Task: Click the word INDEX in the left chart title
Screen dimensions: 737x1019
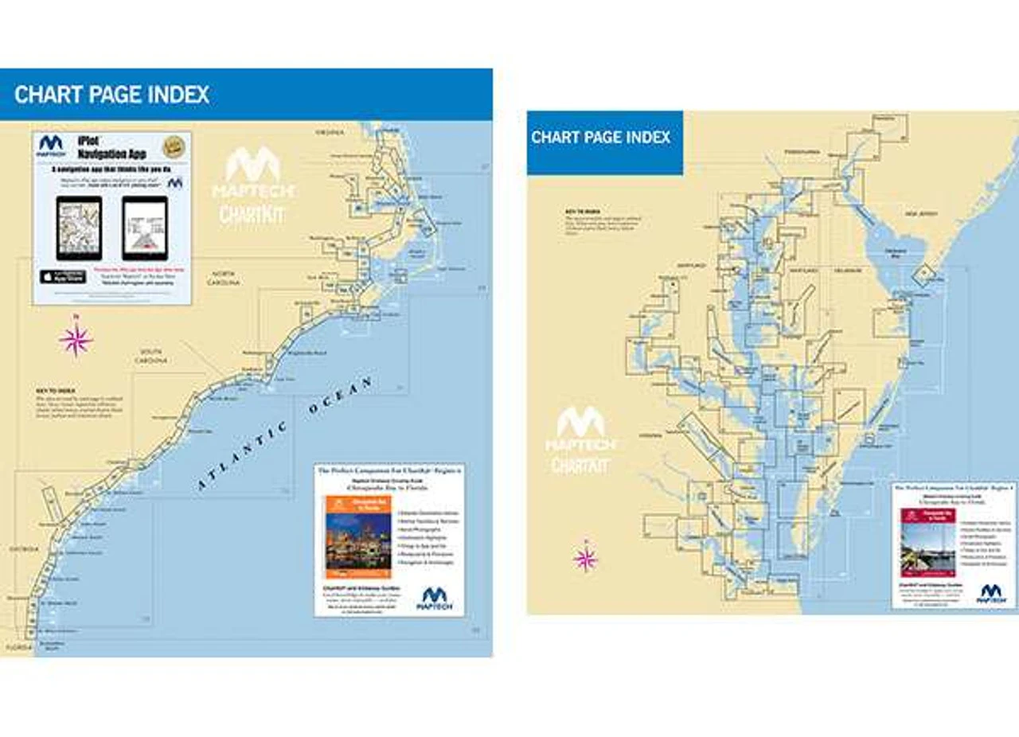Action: coord(172,95)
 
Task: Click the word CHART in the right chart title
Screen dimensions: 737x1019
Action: coord(556,137)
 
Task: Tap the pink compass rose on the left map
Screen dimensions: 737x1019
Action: coord(76,340)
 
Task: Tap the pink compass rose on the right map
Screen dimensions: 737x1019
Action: coord(585,558)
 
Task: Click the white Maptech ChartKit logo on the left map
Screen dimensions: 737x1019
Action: coord(252,184)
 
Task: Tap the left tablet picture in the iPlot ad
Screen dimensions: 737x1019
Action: coord(79,228)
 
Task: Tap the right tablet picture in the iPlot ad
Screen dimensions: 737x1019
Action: coord(145,228)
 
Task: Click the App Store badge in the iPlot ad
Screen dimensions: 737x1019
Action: coord(63,276)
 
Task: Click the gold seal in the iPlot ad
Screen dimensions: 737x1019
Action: coord(174,146)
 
